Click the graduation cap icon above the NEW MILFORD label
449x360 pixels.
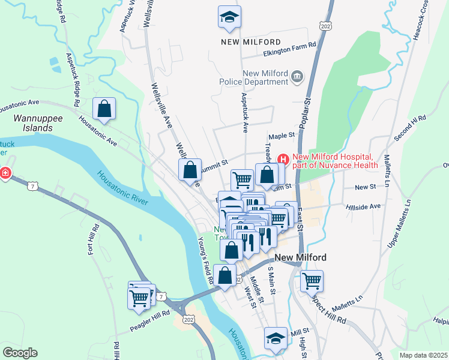[x=229, y=17]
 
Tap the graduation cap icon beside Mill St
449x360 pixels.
[x=276, y=338]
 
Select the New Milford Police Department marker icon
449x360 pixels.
[x=297, y=77]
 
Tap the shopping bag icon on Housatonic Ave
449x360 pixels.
[x=104, y=109]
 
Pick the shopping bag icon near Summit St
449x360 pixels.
[x=190, y=169]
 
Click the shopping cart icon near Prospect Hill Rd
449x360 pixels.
[x=312, y=280]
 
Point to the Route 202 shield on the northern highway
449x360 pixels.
[x=326, y=26]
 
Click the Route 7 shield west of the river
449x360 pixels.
[x=35, y=187]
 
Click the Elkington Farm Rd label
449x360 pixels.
[x=290, y=53]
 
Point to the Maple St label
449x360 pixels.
[x=282, y=136]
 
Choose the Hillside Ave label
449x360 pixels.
[x=364, y=206]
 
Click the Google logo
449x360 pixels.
[x=20, y=353]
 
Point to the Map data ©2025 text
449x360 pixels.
[x=423, y=355]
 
